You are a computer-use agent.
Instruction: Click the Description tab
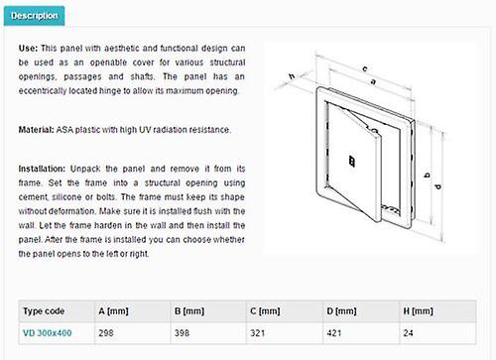point(36,16)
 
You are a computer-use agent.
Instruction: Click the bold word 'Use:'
point(30,48)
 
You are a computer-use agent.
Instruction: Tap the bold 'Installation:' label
point(47,170)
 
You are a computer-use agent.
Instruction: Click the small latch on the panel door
point(349,155)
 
